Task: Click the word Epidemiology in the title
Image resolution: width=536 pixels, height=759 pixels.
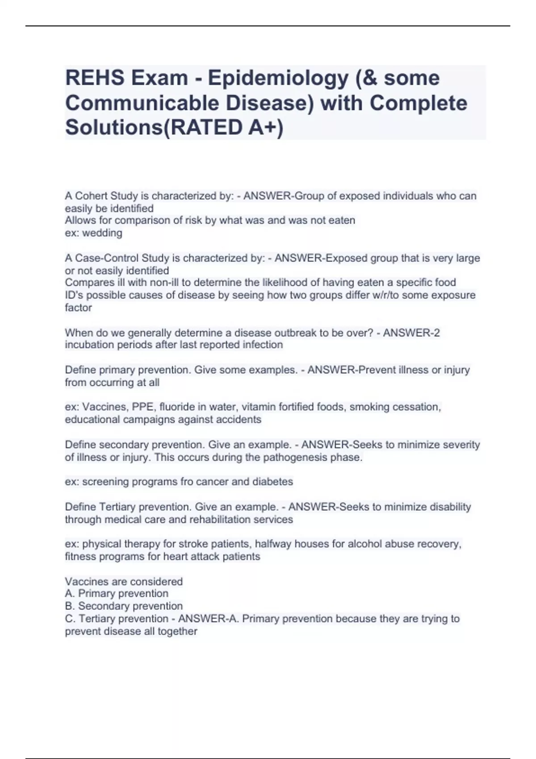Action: coord(278,79)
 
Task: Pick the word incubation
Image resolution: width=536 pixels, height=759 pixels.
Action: coord(88,345)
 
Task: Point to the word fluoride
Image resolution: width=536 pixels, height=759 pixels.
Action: coord(178,407)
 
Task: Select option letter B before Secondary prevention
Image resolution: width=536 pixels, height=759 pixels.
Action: coord(69,606)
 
